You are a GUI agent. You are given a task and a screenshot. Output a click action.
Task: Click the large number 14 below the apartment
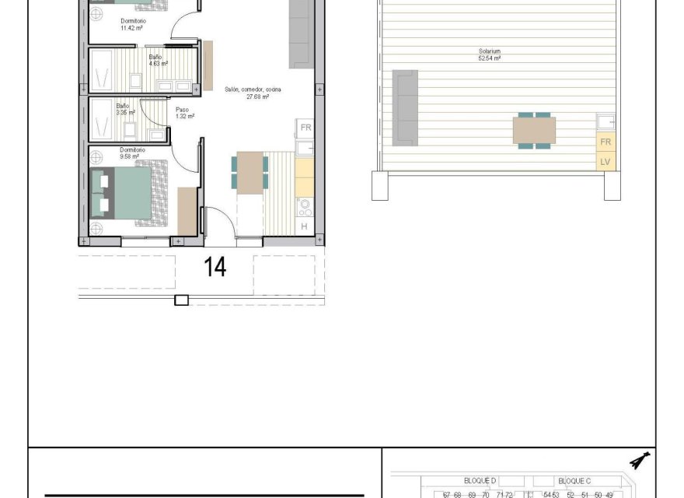(x=215, y=267)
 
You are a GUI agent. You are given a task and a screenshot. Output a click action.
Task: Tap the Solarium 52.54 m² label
(x=490, y=55)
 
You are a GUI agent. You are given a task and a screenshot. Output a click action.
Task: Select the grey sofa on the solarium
(x=405, y=107)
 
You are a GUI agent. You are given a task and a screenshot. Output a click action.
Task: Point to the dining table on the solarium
(x=534, y=131)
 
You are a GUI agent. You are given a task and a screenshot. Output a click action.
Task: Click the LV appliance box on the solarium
(x=605, y=163)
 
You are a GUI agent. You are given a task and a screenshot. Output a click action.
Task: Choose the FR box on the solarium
(x=605, y=143)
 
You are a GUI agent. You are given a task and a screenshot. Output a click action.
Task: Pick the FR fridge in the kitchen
(x=305, y=128)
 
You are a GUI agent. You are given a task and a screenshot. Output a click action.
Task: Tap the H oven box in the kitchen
(x=305, y=226)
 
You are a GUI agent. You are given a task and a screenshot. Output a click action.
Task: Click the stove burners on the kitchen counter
(x=305, y=206)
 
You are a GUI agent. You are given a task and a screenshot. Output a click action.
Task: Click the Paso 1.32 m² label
(x=185, y=113)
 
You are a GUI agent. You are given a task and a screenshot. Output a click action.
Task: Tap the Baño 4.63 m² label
(x=159, y=61)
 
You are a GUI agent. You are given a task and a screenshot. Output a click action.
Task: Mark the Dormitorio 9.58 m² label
(x=131, y=153)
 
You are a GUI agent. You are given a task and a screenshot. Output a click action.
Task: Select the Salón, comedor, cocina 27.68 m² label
(x=253, y=93)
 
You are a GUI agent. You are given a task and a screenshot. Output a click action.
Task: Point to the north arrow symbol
(x=640, y=461)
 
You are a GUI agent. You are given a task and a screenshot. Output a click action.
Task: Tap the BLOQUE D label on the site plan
(x=480, y=481)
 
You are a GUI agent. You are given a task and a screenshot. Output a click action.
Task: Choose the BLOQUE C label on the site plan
(x=574, y=481)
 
